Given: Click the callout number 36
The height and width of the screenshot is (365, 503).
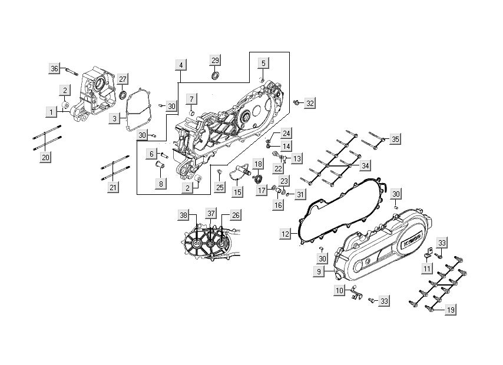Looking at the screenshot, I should click(x=54, y=69).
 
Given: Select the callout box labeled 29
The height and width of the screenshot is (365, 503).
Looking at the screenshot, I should click(x=215, y=61).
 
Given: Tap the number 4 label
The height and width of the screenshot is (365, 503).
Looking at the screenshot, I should click(x=181, y=64).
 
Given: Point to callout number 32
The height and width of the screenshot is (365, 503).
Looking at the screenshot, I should click(x=310, y=103).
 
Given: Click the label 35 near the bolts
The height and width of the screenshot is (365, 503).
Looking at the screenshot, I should click(x=395, y=139).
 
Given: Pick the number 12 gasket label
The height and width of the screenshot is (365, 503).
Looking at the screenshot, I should click(x=286, y=234).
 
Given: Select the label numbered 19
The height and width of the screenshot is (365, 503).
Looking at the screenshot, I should click(x=451, y=309).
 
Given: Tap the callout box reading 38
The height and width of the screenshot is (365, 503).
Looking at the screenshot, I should click(x=183, y=215).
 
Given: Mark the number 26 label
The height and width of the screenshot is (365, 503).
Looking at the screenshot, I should click(x=235, y=215).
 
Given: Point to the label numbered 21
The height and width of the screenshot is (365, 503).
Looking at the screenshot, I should click(x=113, y=187).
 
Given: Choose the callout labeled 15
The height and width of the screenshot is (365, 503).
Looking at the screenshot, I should click(x=237, y=192).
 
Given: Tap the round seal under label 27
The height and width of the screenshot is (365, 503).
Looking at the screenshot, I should click(x=122, y=94).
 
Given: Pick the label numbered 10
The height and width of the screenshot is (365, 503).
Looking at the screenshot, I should click(x=340, y=290).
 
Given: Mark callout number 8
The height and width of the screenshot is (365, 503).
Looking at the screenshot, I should click(x=160, y=184).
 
